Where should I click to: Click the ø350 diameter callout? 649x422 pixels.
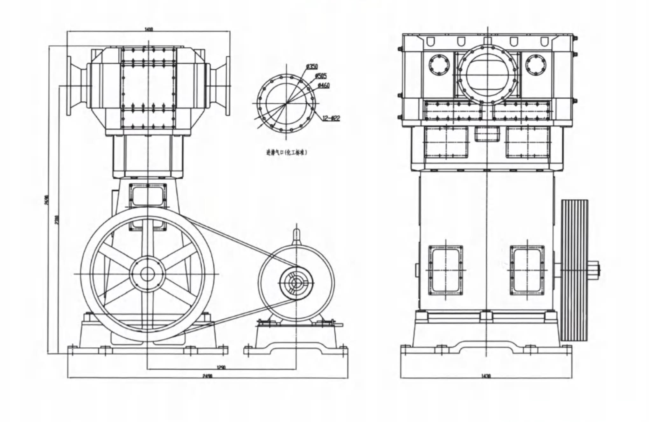click(x=312, y=66)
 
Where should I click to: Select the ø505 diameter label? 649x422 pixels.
click(x=321, y=76)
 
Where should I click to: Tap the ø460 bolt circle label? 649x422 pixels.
click(x=324, y=85)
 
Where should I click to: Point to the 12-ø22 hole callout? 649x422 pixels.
click(x=331, y=118)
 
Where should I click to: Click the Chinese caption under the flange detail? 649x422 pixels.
click(x=287, y=153)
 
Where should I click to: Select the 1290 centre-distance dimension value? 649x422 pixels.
click(x=221, y=367)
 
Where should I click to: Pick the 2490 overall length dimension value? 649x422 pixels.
click(x=207, y=376)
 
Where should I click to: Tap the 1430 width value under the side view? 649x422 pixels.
click(x=486, y=376)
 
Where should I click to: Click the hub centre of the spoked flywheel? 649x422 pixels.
click(x=147, y=274)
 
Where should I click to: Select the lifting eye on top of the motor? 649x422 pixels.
click(x=296, y=233)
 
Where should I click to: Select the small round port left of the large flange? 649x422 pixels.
click(x=439, y=65)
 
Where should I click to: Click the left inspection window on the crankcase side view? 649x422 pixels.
click(x=445, y=270)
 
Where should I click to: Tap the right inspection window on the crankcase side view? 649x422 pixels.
click(x=527, y=270)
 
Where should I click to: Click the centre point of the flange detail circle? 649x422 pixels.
click(x=286, y=103)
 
